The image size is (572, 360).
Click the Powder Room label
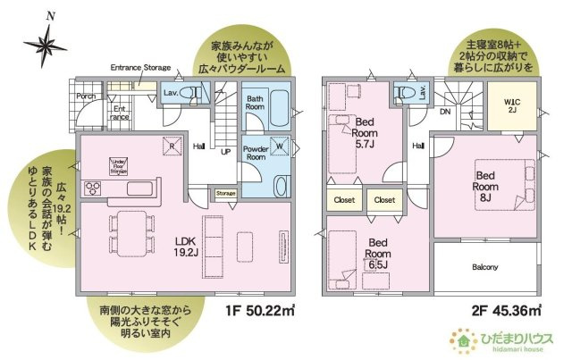coord(256,152)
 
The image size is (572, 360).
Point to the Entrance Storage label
coord(140,67)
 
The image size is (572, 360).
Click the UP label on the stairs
coord(225,152)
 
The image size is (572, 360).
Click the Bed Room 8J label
coord(485,185)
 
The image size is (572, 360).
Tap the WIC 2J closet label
coord(509,105)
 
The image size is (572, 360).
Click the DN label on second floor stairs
coord(444,113)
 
